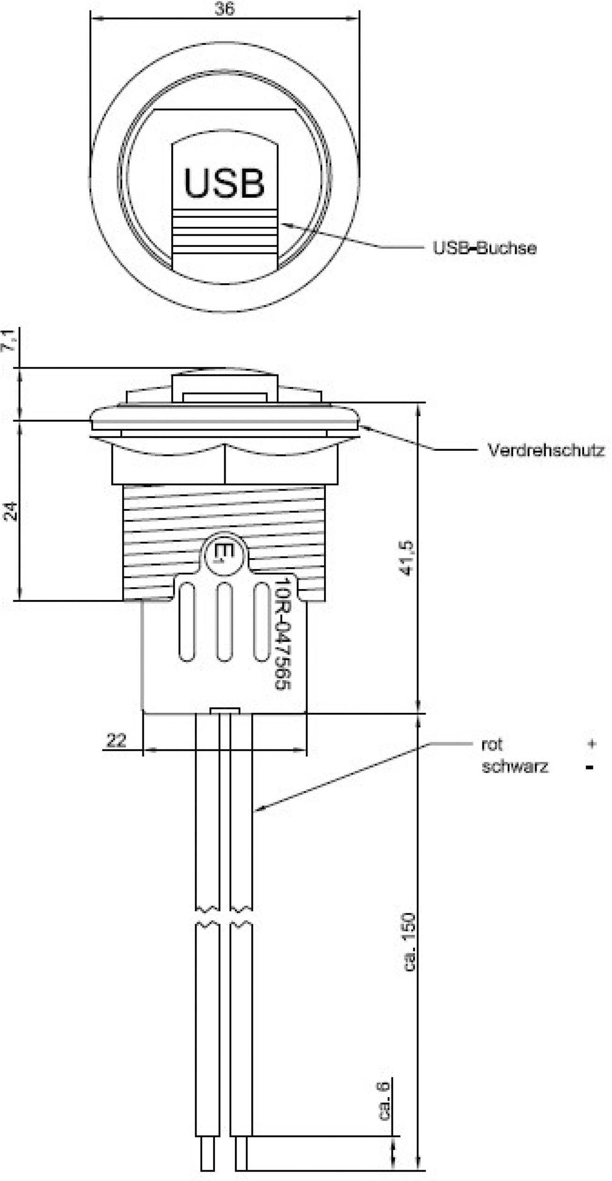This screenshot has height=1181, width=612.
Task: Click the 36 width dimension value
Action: [x=224, y=9]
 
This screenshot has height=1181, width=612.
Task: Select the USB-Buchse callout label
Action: [x=484, y=248]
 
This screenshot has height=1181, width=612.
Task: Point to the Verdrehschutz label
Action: [x=546, y=450]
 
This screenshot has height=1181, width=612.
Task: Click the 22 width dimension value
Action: [x=117, y=740]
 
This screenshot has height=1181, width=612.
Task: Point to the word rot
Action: [x=492, y=744]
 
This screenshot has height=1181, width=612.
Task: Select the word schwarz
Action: [x=515, y=767]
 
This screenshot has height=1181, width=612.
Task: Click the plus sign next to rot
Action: [x=592, y=744]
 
